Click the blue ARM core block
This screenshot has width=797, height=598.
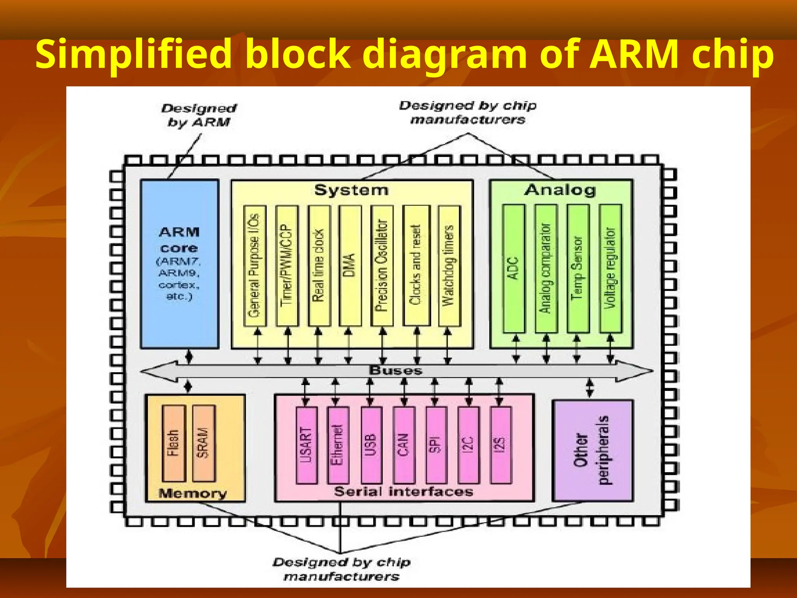coord(179,264)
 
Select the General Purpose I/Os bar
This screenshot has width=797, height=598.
coord(255,266)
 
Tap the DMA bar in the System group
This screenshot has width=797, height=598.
coord(350,266)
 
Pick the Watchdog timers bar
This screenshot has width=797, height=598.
coord(449,266)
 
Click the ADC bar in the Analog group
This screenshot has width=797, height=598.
coord(514,268)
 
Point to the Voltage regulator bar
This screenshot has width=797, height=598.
coord(610,268)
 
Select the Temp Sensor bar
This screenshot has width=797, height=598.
coord(578,268)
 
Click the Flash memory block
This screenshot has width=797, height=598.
coord(174,443)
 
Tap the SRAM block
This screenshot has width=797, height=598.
coord(204,443)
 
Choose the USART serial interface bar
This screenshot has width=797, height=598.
coord(307,445)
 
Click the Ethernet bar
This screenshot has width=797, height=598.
coord(338,445)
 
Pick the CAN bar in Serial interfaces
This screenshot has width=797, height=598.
coord(404,445)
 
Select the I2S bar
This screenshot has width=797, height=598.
coord(500,445)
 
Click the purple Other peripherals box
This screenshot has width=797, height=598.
coord(592,450)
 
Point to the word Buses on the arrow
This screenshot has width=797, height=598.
coord(395,371)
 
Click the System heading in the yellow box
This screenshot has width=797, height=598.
coord(351,190)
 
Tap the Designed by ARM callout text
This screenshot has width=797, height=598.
coord(199,115)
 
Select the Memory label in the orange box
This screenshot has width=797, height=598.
coord(193,494)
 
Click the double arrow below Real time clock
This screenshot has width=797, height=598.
coord(318,345)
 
